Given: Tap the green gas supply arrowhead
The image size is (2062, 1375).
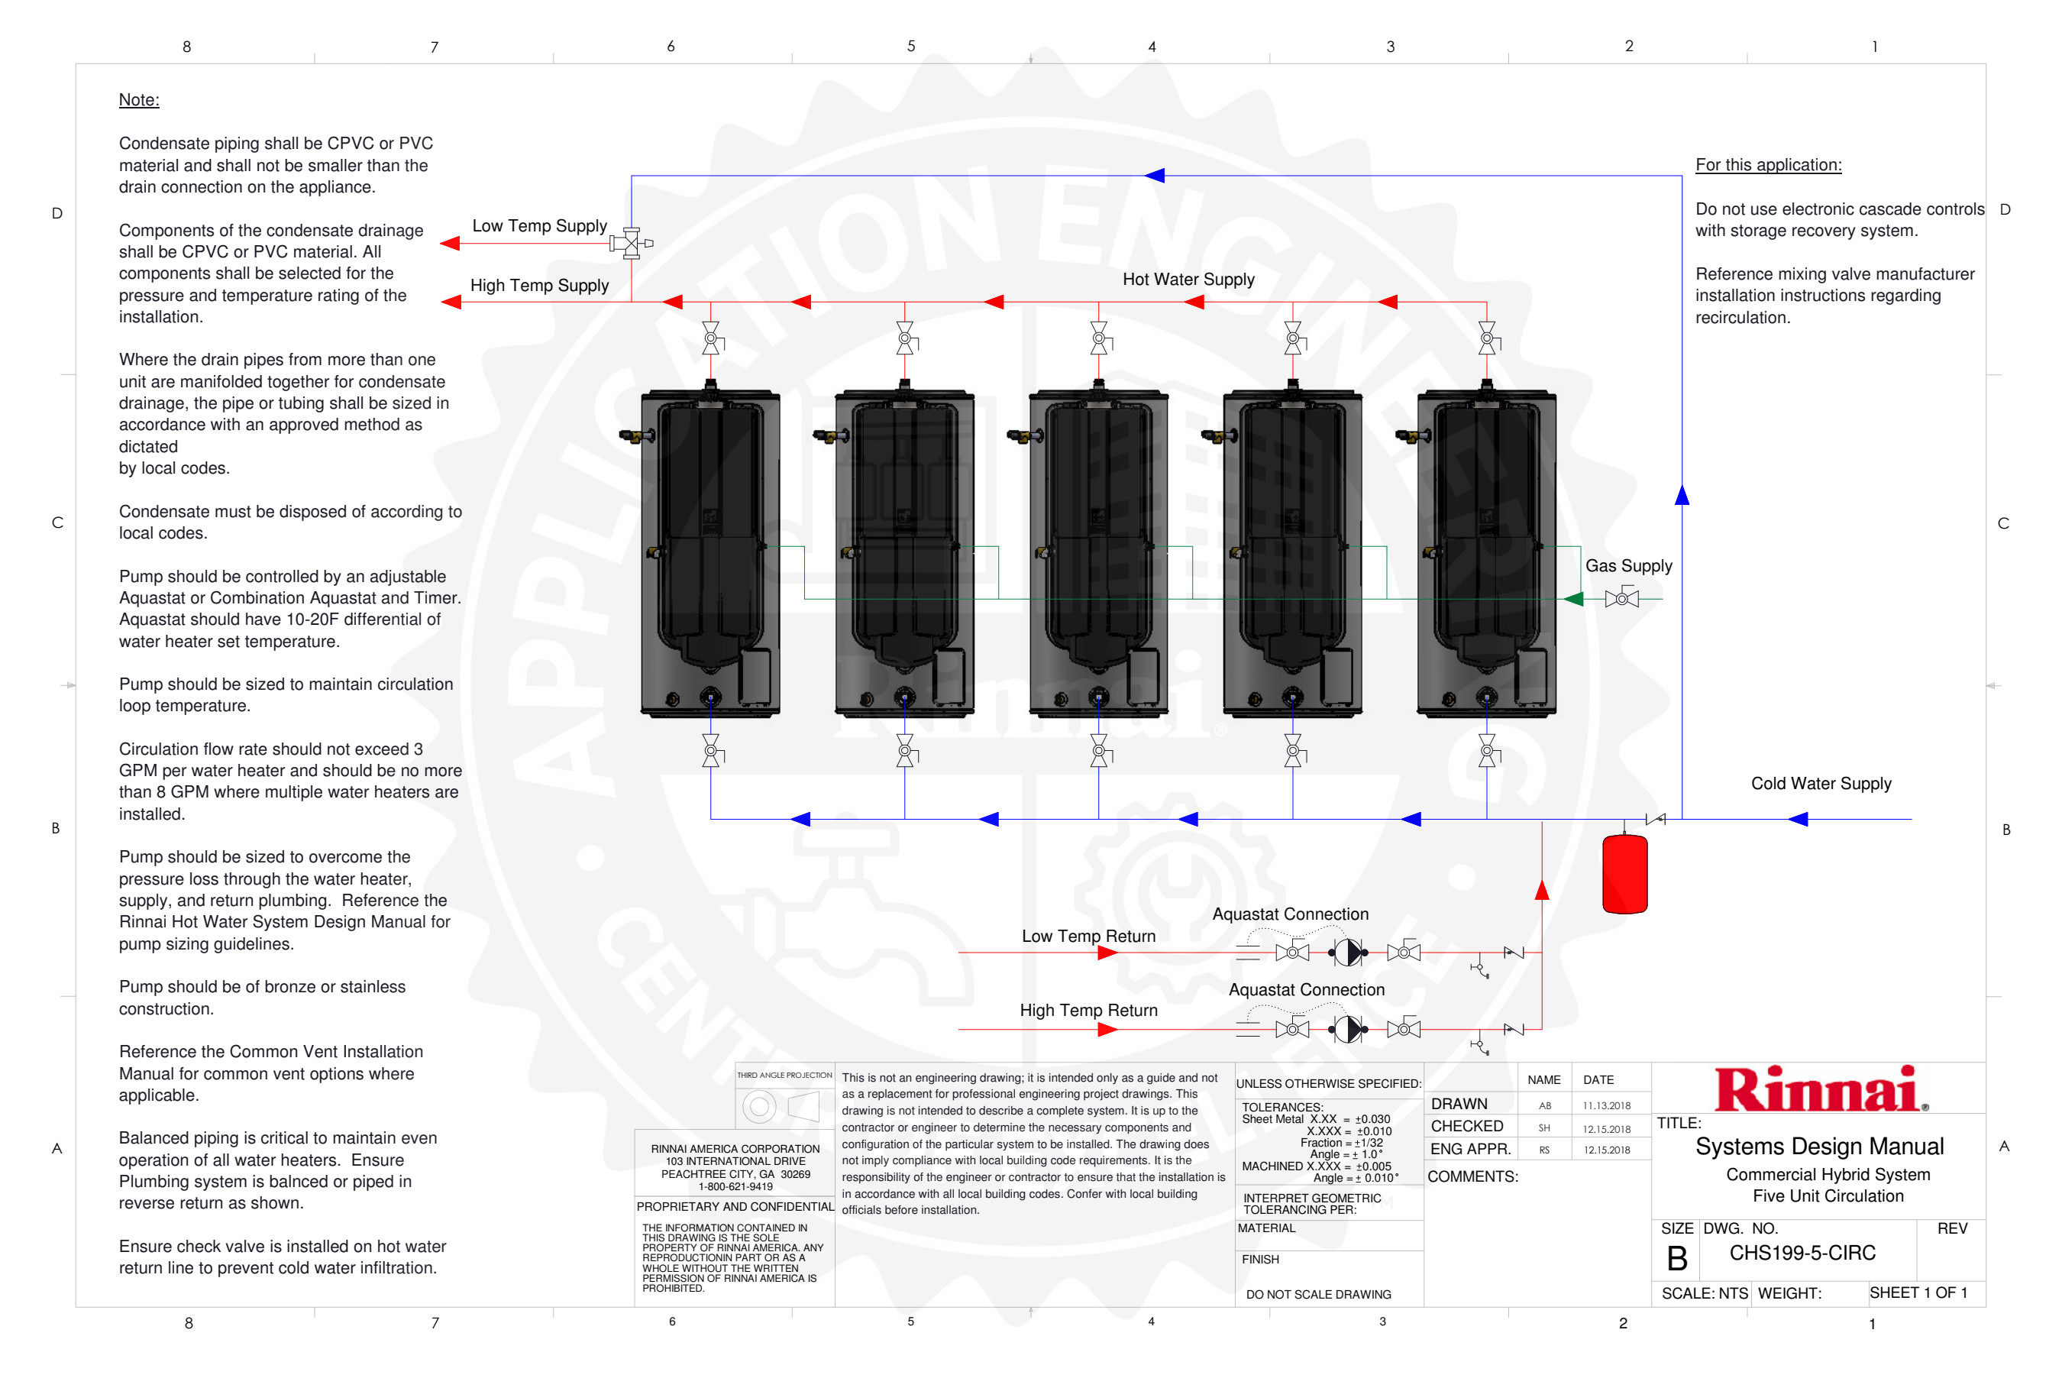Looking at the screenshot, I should (x=1574, y=599).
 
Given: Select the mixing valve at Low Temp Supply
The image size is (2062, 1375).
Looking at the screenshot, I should (x=630, y=243).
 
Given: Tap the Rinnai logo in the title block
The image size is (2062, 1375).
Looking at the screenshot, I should (x=1820, y=1089).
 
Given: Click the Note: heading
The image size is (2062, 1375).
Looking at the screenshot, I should (x=138, y=100).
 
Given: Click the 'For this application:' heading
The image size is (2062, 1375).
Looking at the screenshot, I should (x=1767, y=165).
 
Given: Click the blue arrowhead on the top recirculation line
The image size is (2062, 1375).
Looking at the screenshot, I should (x=1155, y=176).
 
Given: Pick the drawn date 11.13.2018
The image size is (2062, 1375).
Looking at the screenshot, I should (x=1606, y=1106).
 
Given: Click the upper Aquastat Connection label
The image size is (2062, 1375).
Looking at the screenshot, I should (x=1290, y=914).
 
